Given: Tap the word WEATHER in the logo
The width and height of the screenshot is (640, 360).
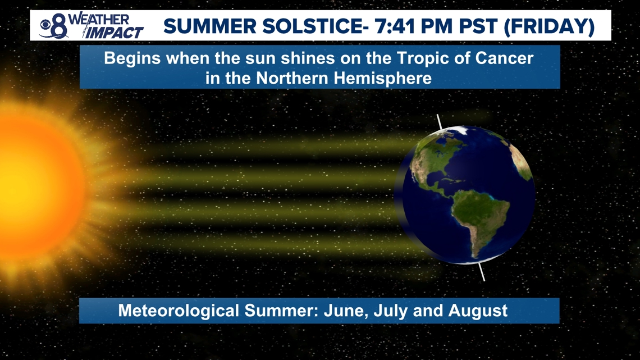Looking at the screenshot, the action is point(99,19).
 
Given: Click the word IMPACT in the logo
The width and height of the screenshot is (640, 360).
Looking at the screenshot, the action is point(114,33).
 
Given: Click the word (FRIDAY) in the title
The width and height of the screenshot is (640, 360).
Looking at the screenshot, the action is point(550,26).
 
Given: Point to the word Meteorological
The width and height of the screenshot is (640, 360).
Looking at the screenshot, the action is point(179,311).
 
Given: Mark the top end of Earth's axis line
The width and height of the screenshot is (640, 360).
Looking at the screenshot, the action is point(437,115).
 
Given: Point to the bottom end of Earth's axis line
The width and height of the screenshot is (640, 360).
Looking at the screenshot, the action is point(484,280).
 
